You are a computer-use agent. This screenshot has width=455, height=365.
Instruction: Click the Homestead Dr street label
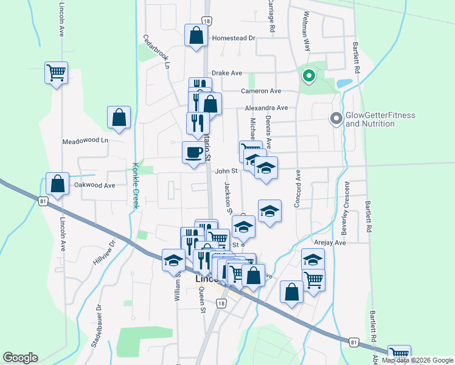tap(234, 38)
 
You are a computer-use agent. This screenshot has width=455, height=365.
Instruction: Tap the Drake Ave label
tap(227, 73)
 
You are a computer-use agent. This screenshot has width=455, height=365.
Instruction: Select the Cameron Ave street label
tap(261, 91)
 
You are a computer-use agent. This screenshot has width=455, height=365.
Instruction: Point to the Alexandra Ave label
tap(266, 108)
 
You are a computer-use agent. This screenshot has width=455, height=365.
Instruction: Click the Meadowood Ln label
tap(85, 141)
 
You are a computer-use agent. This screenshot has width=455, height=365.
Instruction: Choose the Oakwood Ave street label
tap(94, 185)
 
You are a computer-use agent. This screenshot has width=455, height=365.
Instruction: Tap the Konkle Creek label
tap(136, 186)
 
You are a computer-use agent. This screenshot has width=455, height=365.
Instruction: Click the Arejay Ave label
tap(331, 242)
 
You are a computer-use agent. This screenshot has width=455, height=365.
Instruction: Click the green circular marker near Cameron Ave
tap(308, 76)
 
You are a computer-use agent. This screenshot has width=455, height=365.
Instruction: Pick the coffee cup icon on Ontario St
tap(193, 152)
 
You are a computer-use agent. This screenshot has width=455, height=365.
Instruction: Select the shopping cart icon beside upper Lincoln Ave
tap(56, 73)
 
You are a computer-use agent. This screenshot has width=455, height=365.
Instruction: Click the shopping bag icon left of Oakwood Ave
tap(57, 183)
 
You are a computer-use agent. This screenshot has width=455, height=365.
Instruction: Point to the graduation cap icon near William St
tap(173, 260)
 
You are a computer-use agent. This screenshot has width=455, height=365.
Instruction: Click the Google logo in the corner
tap(20, 358)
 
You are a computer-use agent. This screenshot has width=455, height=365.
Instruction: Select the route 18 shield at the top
tap(207, 21)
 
